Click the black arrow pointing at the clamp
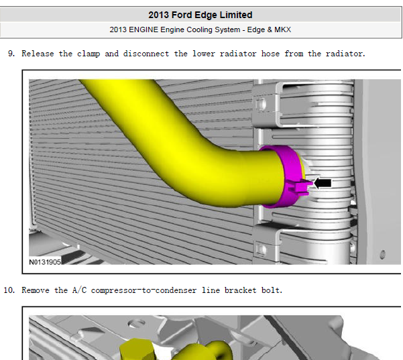[x=323, y=183]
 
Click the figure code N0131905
[x=45, y=262]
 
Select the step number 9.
[x=11, y=54]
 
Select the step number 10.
[x=9, y=290]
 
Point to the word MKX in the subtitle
[x=283, y=29]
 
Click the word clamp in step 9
[x=89, y=54]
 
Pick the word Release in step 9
[x=38, y=54]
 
